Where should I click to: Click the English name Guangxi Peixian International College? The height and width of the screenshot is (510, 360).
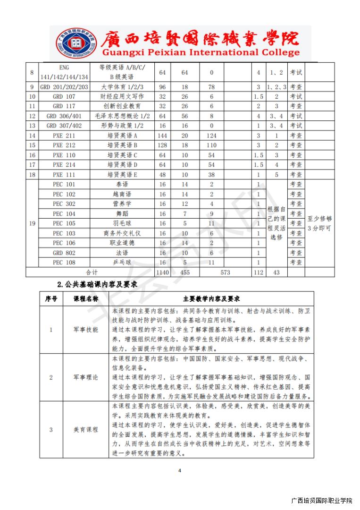[201, 52]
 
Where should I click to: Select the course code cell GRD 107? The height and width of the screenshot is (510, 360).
[64, 96]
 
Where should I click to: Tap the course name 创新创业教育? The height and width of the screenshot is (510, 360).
[122, 106]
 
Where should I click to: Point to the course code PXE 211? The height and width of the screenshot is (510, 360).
[64, 136]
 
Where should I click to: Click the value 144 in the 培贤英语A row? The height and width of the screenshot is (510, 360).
[162, 136]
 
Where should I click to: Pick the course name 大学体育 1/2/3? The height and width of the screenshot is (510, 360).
[122, 87]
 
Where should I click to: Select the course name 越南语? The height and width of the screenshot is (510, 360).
[122, 194]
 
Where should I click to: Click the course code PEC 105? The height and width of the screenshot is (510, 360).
[64, 223]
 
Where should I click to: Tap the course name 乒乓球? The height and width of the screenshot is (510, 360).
[122, 263]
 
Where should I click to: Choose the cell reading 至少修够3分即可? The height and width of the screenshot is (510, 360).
[319, 223]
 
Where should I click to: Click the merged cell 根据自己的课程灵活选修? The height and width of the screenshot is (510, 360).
[276, 223]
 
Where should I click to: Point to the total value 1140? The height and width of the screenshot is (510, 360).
[162, 272]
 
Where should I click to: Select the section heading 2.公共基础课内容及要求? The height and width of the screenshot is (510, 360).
[97, 284]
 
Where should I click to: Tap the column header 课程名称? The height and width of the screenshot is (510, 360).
[85, 298]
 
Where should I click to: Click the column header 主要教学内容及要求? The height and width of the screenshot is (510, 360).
[211, 298]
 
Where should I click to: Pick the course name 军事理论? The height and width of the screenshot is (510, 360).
[85, 377]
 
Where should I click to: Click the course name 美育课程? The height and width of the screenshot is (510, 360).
[85, 430]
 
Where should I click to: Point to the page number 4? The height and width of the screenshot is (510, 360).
[180, 470]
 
